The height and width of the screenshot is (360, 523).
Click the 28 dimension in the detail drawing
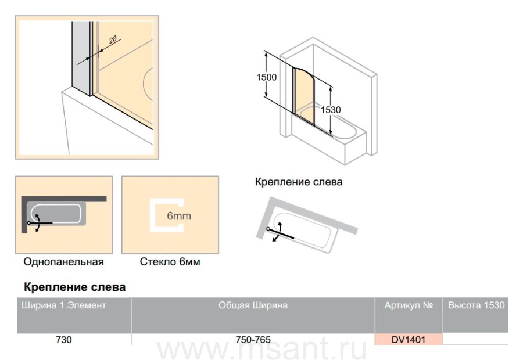[x=113, y=39]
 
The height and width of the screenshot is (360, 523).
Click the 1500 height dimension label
[x=266, y=77]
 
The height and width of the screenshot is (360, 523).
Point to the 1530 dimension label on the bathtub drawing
[x=331, y=110]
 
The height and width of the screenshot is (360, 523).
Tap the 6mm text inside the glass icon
[x=179, y=215]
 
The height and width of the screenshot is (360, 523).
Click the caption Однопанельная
[x=63, y=262]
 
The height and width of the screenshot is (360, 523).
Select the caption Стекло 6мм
[x=170, y=262]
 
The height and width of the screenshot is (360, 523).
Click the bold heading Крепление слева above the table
[x=75, y=287]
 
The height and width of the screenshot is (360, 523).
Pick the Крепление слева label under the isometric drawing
[x=299, y=182]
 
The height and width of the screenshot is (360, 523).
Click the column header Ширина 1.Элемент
[x=64, y=305]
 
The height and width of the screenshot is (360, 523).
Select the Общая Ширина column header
[x=253, y=305]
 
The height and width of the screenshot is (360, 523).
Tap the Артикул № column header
[x=409, y=305]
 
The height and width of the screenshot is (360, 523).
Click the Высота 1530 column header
[x=476, y=305]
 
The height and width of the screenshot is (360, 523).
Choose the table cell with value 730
[x=64, y=339]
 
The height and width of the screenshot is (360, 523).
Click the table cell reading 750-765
[x=253, y=339]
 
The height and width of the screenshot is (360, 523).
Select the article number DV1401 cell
[x=409, y=339]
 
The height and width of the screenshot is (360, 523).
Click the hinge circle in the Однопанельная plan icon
[x=29, y=223]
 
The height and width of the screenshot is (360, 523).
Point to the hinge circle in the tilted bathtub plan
[x=268, y=229]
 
